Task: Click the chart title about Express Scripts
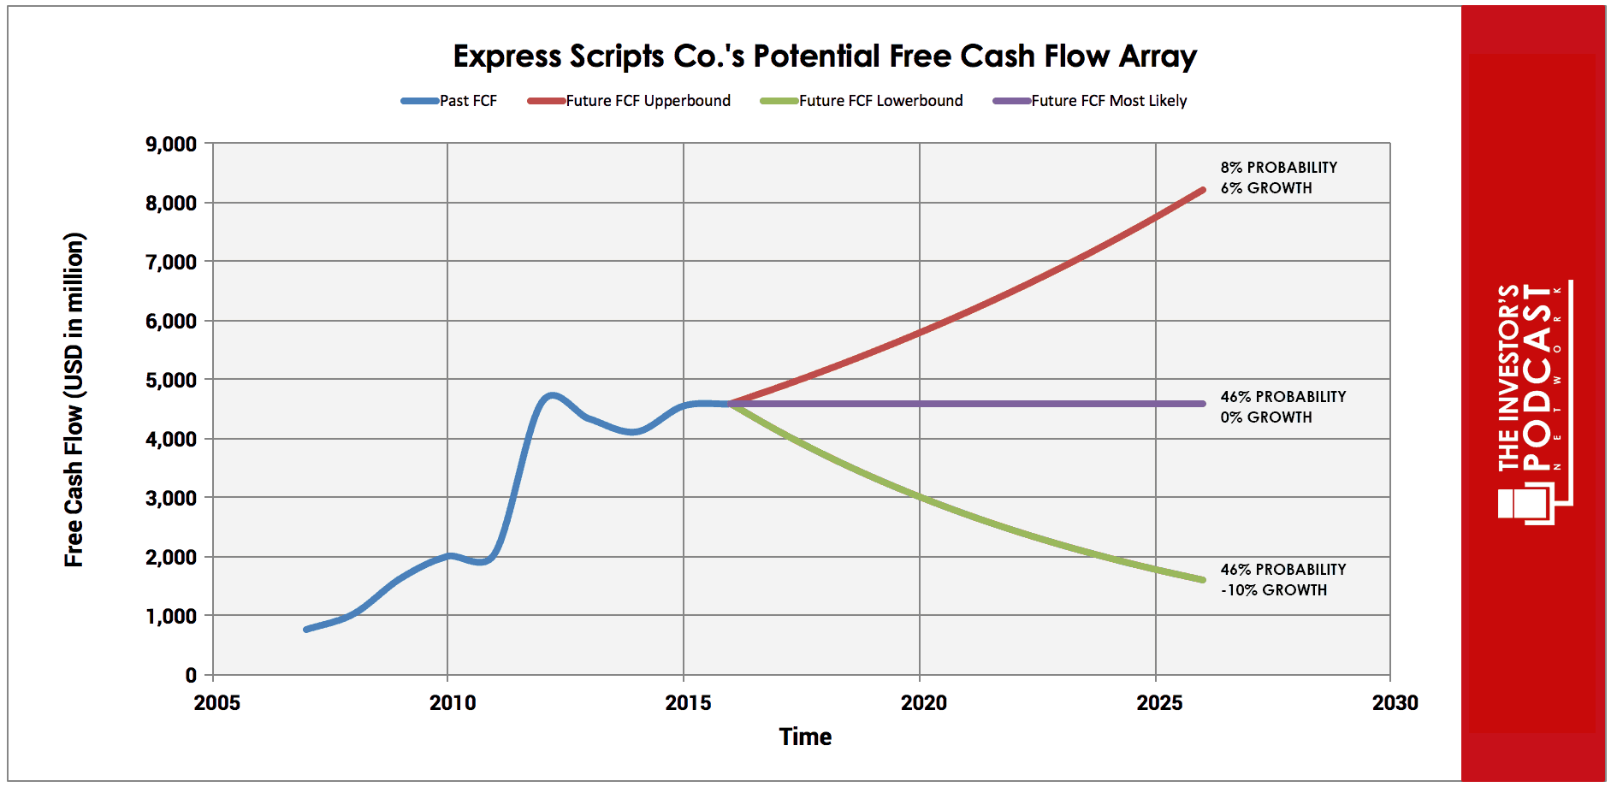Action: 824,56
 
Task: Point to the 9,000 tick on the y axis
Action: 171,145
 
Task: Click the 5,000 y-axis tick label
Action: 171,381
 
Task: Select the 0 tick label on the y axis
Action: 191,676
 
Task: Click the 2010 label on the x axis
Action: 453,703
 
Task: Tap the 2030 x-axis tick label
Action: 1395,703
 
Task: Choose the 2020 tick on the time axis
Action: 924,703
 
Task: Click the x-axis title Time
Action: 805,737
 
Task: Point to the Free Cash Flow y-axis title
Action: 74,399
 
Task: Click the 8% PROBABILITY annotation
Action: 1278,168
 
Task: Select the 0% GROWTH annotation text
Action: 1265,417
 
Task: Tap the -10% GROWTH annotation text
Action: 1273,590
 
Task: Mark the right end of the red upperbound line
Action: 1202,190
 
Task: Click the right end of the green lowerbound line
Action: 1202,580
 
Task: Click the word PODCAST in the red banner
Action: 1537,377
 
